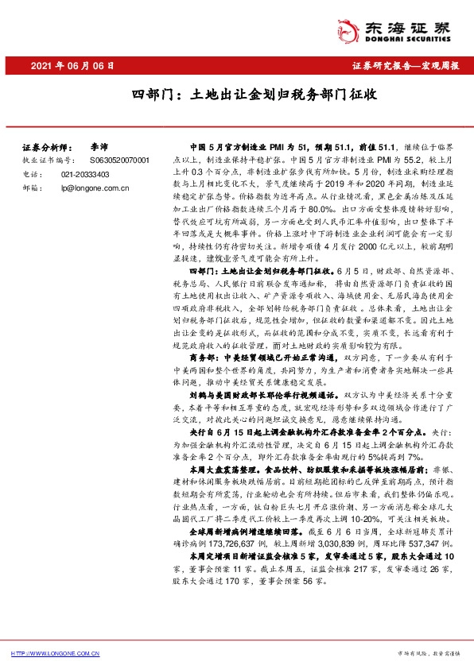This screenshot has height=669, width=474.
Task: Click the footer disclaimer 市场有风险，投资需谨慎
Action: point(430,652)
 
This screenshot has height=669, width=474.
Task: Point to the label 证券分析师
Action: point(45,148)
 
